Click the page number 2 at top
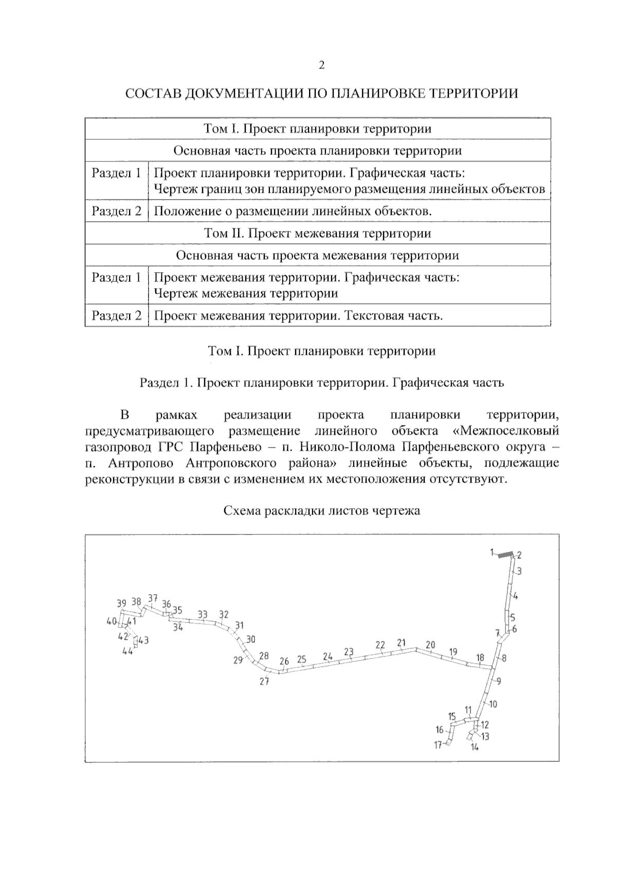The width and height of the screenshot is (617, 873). (x=322, y=65)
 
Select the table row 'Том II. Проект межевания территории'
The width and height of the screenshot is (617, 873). (x=318, y=233)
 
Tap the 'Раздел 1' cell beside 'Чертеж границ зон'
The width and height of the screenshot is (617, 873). (x=116, y=173)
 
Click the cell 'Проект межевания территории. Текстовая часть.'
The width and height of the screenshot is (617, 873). (x=298, y=315)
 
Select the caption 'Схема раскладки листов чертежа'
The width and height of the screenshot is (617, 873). (x=321, y=511)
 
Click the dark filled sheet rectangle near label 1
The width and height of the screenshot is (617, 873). (x=505, y=555)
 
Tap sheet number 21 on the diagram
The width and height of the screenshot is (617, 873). (x=402, y=643)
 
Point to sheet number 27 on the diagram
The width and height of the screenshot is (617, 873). (x=264, y=682)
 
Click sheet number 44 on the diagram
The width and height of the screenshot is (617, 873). (x=127, y=651)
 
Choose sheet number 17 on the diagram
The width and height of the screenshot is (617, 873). (x=438, y=744)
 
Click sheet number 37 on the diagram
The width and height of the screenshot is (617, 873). (x=153, y=598)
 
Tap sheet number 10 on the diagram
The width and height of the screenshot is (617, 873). (x=493, y=704)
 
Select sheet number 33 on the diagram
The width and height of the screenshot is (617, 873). (x=203, y=614)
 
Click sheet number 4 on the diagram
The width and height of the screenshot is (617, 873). (x=516, y=596)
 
